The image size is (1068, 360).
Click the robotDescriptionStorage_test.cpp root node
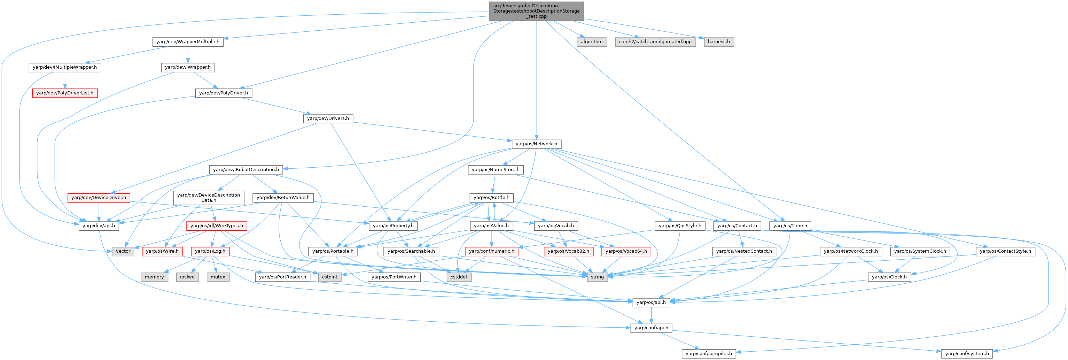coord(537,11)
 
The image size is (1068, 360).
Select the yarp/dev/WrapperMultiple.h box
coord(188,42)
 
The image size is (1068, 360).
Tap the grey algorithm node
coord(592,42)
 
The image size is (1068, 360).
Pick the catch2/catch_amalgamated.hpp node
coord(655,42)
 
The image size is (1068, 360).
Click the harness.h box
coord(718,42)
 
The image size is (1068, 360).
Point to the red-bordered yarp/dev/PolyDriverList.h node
coord(65,93)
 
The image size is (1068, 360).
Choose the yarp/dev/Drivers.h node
coord(328,118)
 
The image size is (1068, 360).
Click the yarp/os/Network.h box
coord(537,144)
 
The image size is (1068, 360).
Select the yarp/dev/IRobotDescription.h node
coord(246,170)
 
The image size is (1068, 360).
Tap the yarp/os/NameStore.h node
coord(496,170)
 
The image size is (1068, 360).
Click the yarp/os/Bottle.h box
coord(491,197)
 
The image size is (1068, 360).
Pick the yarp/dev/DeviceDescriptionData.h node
coord(209,197)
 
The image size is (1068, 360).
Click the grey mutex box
coord(218,277)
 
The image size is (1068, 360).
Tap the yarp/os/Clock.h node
coord(889,277)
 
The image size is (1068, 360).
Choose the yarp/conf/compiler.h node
coord(709,354)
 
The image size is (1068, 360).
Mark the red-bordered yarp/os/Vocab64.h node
coord(626,251)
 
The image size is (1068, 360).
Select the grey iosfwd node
coord(187,277)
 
